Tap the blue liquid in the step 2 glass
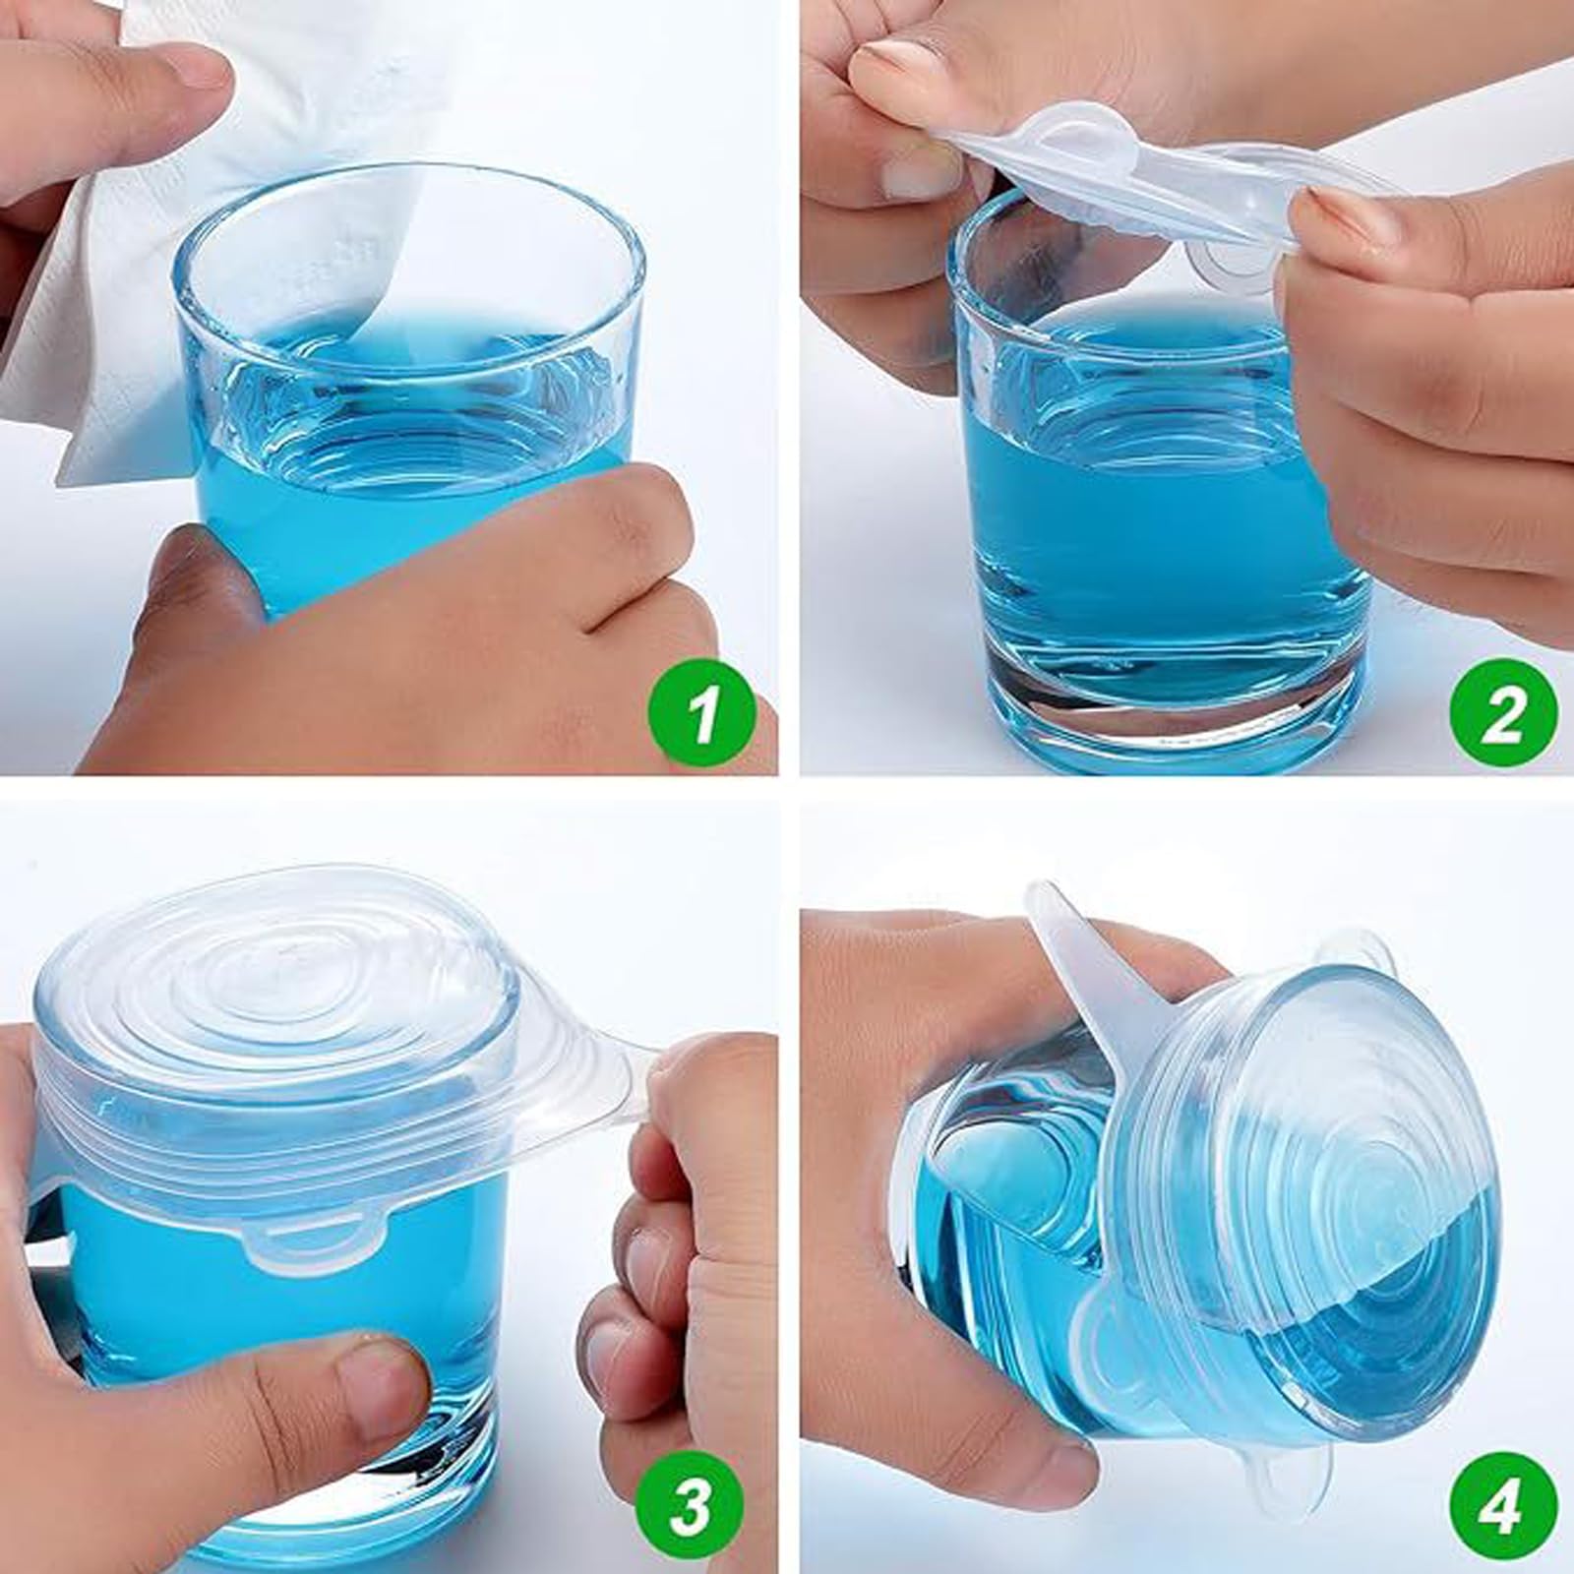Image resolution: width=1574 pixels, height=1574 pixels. (1131, 512)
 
